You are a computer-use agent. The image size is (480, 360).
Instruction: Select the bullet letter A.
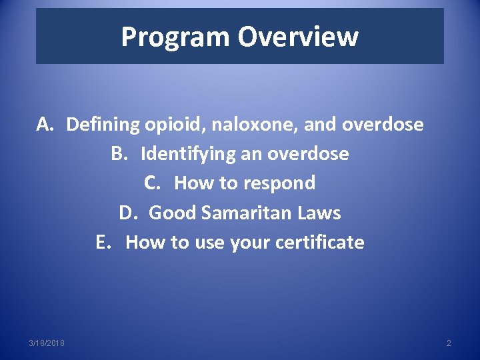point(45,124)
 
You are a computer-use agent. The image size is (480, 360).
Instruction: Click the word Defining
point(103,124)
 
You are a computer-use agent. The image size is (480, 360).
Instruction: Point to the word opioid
point(173,125)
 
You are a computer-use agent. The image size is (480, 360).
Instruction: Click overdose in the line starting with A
point(383,124)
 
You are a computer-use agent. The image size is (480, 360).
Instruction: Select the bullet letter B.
point(119,153)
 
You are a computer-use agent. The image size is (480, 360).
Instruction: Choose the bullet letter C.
point(152,183)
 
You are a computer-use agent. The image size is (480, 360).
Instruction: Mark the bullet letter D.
point(127,213)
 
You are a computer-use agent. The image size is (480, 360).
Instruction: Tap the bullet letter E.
point(103,242)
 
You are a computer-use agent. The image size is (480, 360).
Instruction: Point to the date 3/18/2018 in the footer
point(47,343)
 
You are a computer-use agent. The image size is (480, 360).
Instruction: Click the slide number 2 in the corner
point(448,343)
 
